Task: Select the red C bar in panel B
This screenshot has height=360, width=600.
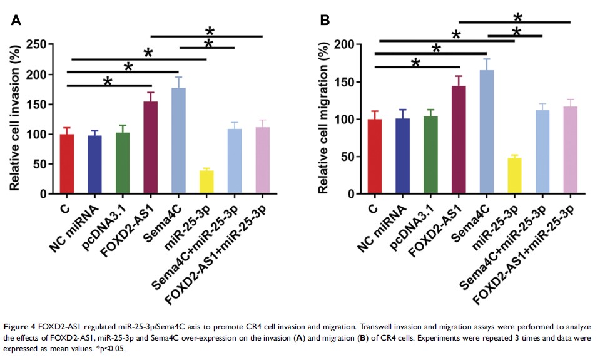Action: click(x=374, y=157)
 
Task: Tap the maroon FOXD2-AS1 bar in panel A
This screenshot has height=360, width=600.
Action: click(x=151, y=148)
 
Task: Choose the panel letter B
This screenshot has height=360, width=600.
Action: click(x=325, y=20)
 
